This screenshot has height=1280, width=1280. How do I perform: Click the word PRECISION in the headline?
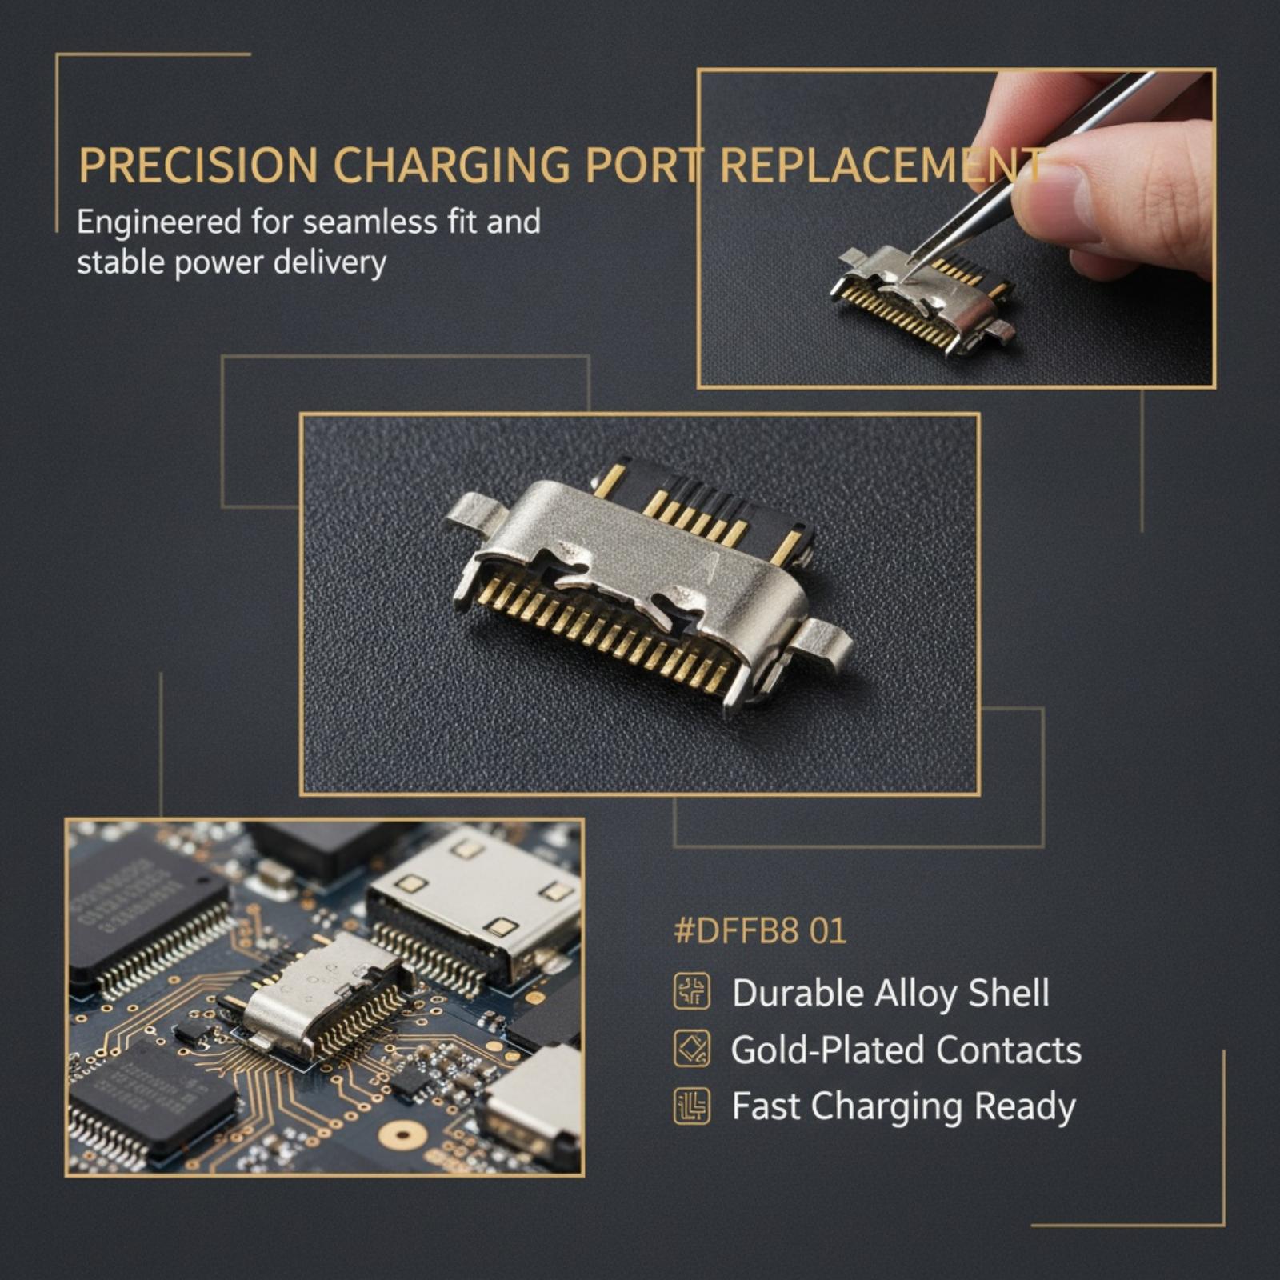click(198, 166)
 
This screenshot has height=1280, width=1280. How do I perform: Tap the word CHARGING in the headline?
click(451, 166)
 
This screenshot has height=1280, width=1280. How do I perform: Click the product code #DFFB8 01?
click(760, 932)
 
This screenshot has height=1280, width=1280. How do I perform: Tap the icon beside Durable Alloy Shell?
click(692, 992)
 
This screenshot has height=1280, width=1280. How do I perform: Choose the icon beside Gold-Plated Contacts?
click(692, 1049)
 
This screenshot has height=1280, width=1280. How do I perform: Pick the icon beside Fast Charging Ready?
click(692, 1106)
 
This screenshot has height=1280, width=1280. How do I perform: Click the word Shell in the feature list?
click(1009, 993)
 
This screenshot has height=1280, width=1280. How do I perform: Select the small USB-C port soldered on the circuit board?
click(324, 996)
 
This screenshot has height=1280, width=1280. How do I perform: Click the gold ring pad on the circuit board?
click(402, 1134)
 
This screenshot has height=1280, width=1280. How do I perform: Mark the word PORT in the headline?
click(642, 166)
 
